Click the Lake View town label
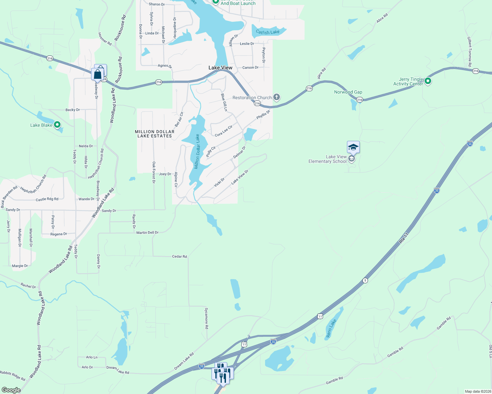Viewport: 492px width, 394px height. (220, 68)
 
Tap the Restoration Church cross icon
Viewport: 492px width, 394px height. (277, 97)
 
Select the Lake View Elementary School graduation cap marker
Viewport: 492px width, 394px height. (353, 147)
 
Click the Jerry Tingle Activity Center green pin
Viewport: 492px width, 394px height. (428, 80)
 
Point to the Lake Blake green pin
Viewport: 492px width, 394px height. (57, 125)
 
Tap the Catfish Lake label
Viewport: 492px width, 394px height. (268, 32)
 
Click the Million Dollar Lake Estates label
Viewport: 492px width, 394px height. (155, 134)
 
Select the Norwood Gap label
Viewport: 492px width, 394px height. (348, 92)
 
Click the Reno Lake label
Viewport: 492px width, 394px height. (331, 328)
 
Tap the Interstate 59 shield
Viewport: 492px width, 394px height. (470, 143)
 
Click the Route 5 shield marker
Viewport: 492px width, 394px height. (365, 280)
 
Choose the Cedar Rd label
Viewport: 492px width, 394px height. (179, 256)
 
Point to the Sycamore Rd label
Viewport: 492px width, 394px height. (207, 318)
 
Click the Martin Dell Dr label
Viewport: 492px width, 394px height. (147, 232)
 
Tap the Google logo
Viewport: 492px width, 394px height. (11, 390)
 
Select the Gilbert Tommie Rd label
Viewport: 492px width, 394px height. (470, 52)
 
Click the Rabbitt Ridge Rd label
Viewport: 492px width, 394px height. (12, 376)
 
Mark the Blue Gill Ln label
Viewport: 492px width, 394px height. (224, 102)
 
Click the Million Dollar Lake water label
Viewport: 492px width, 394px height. (197, 151)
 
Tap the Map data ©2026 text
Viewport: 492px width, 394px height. (478, 391)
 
